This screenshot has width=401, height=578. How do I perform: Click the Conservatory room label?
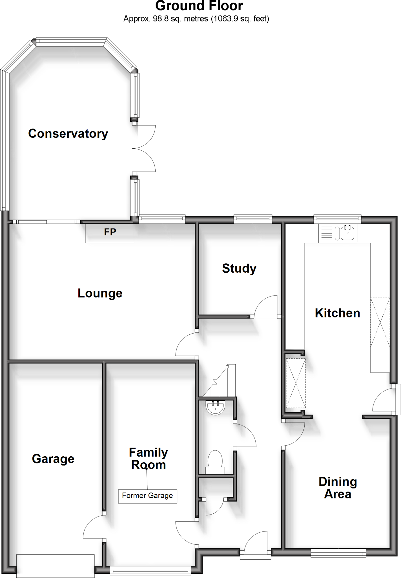(x=68, y=133)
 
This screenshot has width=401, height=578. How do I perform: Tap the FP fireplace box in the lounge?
(x=110, y=233)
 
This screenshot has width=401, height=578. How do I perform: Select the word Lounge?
(x=100, y=293)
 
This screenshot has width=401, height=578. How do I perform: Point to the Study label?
(x=239, y=268)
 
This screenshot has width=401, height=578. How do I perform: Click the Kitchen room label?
(x=337, y=313)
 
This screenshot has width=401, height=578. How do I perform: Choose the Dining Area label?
(x=338, y=488)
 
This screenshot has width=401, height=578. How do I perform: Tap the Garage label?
(x=53, y=459)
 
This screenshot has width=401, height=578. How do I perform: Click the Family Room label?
(x=148, y=459)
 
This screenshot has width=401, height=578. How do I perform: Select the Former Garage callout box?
(x=147, y=496)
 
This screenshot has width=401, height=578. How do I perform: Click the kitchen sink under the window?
(x=348, y=233)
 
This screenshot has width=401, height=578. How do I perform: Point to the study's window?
(x=253, y=218)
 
